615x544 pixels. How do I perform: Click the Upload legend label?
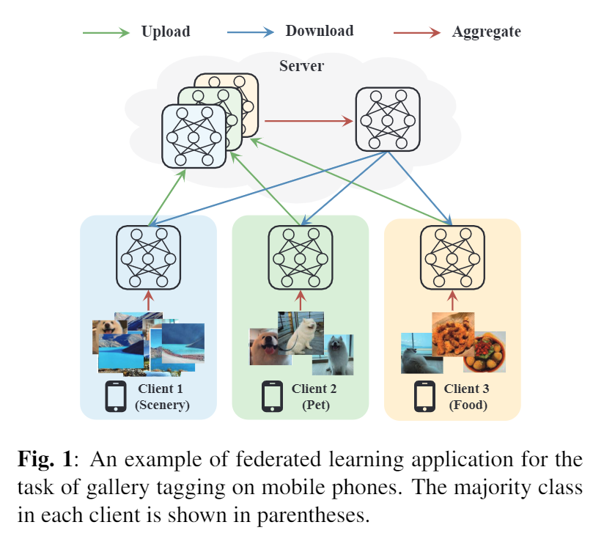click(x=165, y=32)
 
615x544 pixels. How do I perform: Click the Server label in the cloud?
click(x=301, y=66)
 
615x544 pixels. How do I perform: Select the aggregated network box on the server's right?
click(x=387, y=119)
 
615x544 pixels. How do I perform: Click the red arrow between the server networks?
click(x=308, y=120)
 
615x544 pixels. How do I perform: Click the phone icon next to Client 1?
click(x=116, y=397)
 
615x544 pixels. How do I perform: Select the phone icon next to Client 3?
click(x=424, y=397)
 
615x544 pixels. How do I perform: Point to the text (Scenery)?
click(x=162, y=405)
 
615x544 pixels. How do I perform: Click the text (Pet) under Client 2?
click(x=314, y=405)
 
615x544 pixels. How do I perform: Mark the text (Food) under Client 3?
click(x=466, y=405)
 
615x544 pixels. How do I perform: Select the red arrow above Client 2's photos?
click(x=299, y=300)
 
